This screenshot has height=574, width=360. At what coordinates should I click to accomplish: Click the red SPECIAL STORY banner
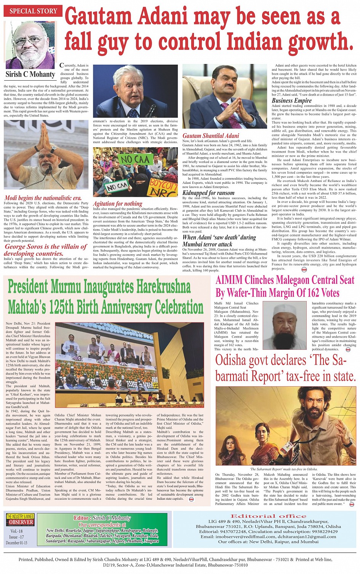point(33,11)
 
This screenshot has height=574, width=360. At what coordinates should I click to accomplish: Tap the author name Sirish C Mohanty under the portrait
point(30,74)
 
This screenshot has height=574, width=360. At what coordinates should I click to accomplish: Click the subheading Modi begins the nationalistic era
point(43,198)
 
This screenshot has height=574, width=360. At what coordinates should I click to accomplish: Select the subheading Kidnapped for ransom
point(208,193)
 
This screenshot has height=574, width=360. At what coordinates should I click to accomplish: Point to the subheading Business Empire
point(291,100)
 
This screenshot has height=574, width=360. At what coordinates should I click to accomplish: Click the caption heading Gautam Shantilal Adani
point(211,136)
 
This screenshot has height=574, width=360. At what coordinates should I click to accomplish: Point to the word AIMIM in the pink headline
point(229,280)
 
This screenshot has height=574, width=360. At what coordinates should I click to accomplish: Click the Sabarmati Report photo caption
point(284,469)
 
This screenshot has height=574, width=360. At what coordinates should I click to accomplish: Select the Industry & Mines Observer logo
point(20,520)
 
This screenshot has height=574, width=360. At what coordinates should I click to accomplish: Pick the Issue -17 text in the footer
point(16,537)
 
